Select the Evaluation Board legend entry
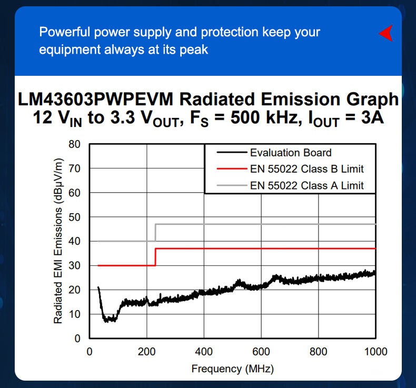pos(291,153)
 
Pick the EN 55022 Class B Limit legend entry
pos(306,169)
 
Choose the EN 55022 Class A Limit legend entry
pos(306,185)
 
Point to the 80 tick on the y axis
pos(74,144)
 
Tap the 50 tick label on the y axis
pos(74,217)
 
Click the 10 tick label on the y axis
pos(74,314)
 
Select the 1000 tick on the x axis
pos(375,351)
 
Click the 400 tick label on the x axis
pos(204,351)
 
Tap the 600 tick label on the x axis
pos(261,351)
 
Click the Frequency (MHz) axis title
pos(232,369)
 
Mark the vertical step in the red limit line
pos(155,256)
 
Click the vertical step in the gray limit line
pos(155,233)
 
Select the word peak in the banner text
pos(195,50)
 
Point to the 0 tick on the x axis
pos(90,351)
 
